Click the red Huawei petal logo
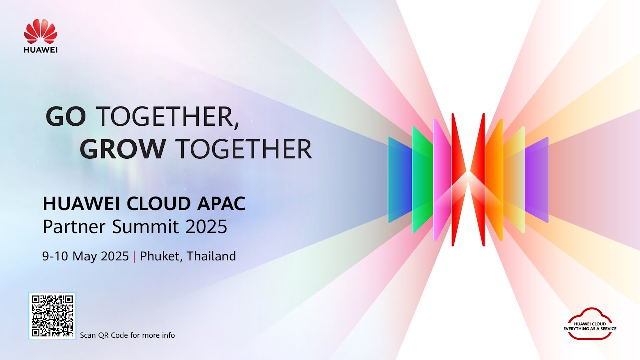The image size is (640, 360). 41,31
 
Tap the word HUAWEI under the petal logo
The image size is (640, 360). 41,50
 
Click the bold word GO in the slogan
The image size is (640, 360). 66,117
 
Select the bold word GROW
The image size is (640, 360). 123,148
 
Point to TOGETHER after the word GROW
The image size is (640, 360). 245,148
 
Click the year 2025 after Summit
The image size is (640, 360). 206,227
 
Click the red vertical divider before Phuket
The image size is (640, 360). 135,257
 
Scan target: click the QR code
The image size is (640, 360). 52,316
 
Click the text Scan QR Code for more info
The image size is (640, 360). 128,335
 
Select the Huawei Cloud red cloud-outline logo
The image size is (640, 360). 590,324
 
